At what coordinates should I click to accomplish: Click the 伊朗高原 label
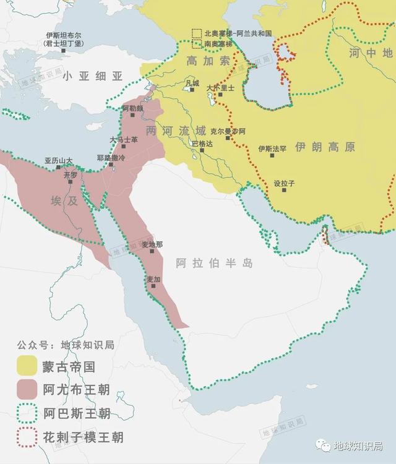[x=325, y=147]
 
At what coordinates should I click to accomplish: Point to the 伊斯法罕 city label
[x=272, y=148]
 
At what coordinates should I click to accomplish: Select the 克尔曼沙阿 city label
[x=228, y=131]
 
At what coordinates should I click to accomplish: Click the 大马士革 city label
[x=124, y=140]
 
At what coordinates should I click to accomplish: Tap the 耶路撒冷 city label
[x=111, y=158]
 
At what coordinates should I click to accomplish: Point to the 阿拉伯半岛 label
[x=214, y=263]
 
